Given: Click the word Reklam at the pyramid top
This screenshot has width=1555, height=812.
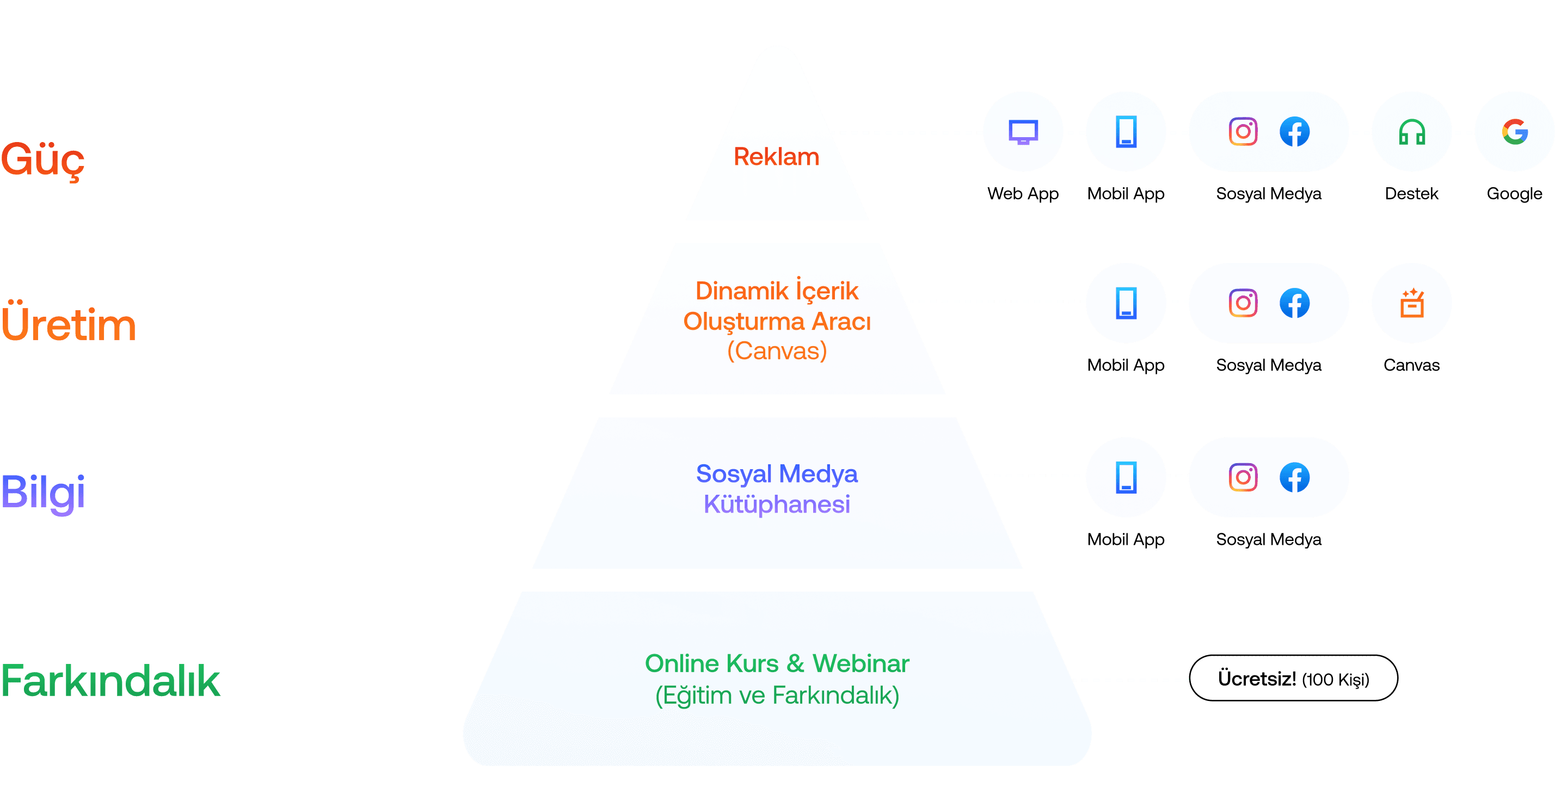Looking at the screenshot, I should tap(776, 157).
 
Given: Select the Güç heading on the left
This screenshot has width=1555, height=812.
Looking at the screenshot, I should tap(42, 160).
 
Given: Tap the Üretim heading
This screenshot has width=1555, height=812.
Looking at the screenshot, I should tap(68, 324).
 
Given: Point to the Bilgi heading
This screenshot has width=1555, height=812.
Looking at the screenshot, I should tap(43, 492).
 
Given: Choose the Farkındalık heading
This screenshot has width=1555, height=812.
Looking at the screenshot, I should tap(110, 680).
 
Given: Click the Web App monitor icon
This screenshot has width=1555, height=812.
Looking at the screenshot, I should tap(1023, 132).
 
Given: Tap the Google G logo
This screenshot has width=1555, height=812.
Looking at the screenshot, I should tap(1515, 132).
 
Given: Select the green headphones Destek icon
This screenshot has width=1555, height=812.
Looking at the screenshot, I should tap(1412, 132).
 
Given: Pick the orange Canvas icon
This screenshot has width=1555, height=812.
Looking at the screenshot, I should tap(1412, 303).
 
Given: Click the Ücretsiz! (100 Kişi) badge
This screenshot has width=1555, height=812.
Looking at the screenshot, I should tap(1293, 679).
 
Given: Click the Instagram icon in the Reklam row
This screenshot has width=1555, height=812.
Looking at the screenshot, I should tap(1243, 132).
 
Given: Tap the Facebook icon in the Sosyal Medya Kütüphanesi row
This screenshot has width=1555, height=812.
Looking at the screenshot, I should tap(1295, 477).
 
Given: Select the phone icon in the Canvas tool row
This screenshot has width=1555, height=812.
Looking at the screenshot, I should tap(1126, 303).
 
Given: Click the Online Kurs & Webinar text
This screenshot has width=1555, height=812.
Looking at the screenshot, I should tap(777, 663).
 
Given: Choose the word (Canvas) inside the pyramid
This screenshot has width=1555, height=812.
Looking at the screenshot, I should tap(777, 350).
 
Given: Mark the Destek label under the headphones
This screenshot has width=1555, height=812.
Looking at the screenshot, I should tap(1411, 194).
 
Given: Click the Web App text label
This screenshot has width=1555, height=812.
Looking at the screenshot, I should tap(1023, 194).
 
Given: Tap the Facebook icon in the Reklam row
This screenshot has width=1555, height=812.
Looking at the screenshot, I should tap(1295, 132).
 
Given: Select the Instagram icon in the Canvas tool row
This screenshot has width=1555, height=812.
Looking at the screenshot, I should tap(1243, 303).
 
